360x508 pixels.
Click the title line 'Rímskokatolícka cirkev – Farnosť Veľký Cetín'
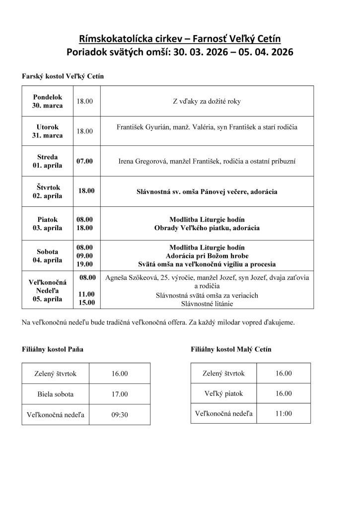coord(180,39)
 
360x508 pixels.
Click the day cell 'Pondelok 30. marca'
coord(48,102)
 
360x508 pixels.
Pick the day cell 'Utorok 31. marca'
coord(48,131)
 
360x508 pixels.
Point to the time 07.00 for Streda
coord(85,161)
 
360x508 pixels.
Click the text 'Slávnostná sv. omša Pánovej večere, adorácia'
coord(207,191)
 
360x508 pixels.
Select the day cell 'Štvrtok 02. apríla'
coord(48,191)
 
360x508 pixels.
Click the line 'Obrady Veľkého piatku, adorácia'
coord(207,228)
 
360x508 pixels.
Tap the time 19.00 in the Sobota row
coord(85,264)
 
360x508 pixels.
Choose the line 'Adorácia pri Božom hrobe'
coord(207,256)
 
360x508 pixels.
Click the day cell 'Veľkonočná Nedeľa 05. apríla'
coord(48,291)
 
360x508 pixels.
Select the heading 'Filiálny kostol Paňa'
coord(53,349)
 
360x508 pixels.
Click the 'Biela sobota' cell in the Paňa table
coord(55,394)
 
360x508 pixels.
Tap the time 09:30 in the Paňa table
coord(120,415)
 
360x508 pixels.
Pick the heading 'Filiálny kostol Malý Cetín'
coord(231,349)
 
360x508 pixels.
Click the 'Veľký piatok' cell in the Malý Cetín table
coord(223,393)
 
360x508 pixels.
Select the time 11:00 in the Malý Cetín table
coord(284,413)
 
